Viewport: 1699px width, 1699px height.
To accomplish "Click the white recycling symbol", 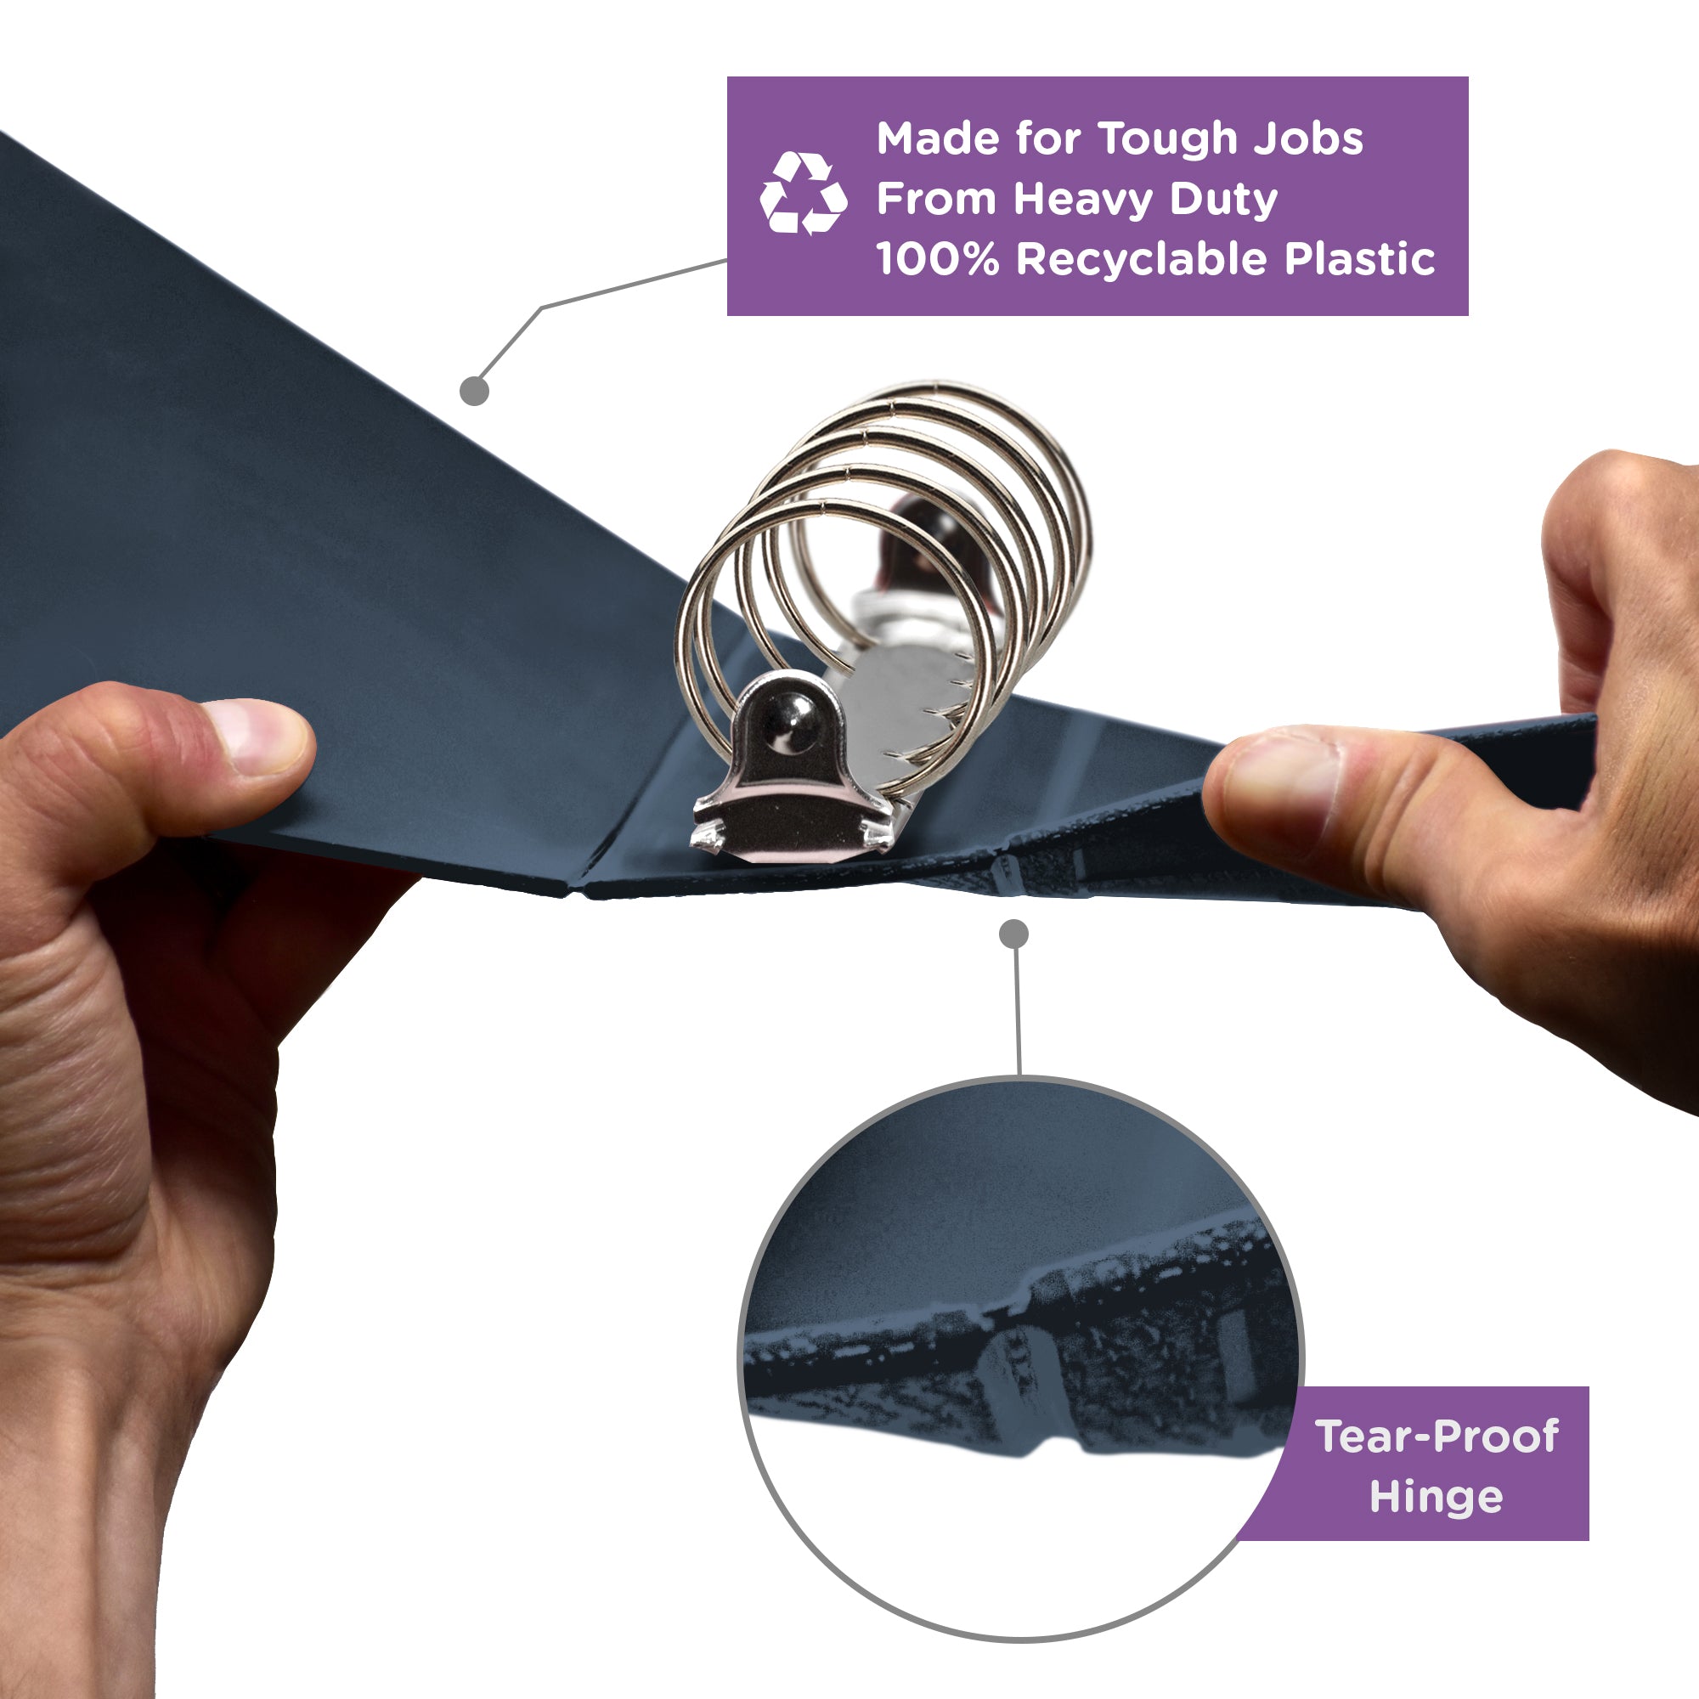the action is click(x=803, y=194).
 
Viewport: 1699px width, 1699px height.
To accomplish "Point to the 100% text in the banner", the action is click(x=938, y=258).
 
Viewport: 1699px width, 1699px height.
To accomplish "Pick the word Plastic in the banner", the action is click(x=1359, y=258).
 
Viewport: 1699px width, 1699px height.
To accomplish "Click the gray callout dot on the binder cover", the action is click(x=474, y=391).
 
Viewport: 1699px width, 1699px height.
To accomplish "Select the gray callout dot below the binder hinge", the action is click(x=1014, y=934).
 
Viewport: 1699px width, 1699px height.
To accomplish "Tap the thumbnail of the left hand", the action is click(x=259, y=737).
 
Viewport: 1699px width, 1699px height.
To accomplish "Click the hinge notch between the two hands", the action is click(x=1004, y=874).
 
